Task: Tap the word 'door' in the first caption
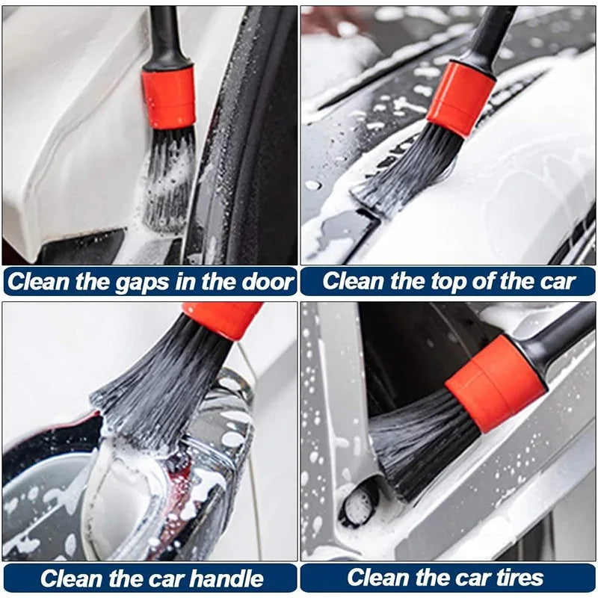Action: [x=266, y=282]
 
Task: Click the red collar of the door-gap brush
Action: [x=169, y=96]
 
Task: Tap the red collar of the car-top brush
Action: [x=461, y=98]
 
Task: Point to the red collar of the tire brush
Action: [x=496, y=382]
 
